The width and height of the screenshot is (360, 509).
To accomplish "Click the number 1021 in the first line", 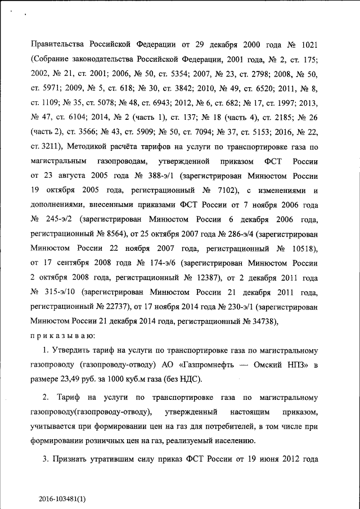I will (310, 44).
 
